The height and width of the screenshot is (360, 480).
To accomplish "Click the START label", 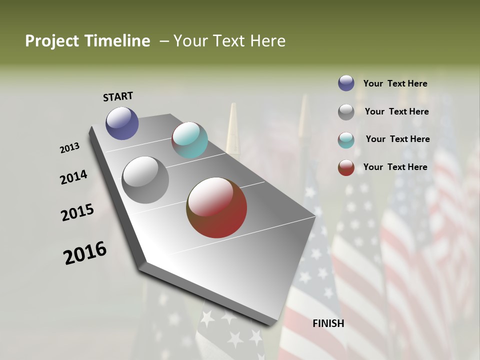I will (x=118, y=96).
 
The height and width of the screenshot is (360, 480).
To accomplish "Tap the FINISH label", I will (x=328, y=323).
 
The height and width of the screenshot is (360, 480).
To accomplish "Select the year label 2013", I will (x=69, y=148).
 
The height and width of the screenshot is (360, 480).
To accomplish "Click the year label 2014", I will (x=73, y=177).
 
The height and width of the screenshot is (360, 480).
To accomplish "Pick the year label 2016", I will (x=85, y=253).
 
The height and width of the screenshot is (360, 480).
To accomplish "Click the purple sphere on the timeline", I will (x=122, y=123).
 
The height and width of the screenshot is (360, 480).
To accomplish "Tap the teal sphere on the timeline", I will (x=189, y=140).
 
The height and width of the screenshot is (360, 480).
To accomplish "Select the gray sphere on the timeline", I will (x=145, y=180).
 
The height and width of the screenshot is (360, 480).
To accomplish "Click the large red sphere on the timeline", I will (x=216, y=207).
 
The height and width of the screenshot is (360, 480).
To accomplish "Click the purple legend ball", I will (x=346, y=83).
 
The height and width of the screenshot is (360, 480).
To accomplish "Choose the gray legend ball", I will (x=346, y=112).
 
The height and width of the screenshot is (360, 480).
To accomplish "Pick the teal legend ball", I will (x=346, y=140).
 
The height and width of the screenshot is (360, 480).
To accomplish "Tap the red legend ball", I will (x=346, y=167).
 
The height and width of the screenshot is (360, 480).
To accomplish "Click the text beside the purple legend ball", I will (x=395, y=84).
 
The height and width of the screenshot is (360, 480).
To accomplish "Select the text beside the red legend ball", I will (x=395, y=167).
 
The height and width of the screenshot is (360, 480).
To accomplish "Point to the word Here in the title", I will (x=268, y=41).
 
